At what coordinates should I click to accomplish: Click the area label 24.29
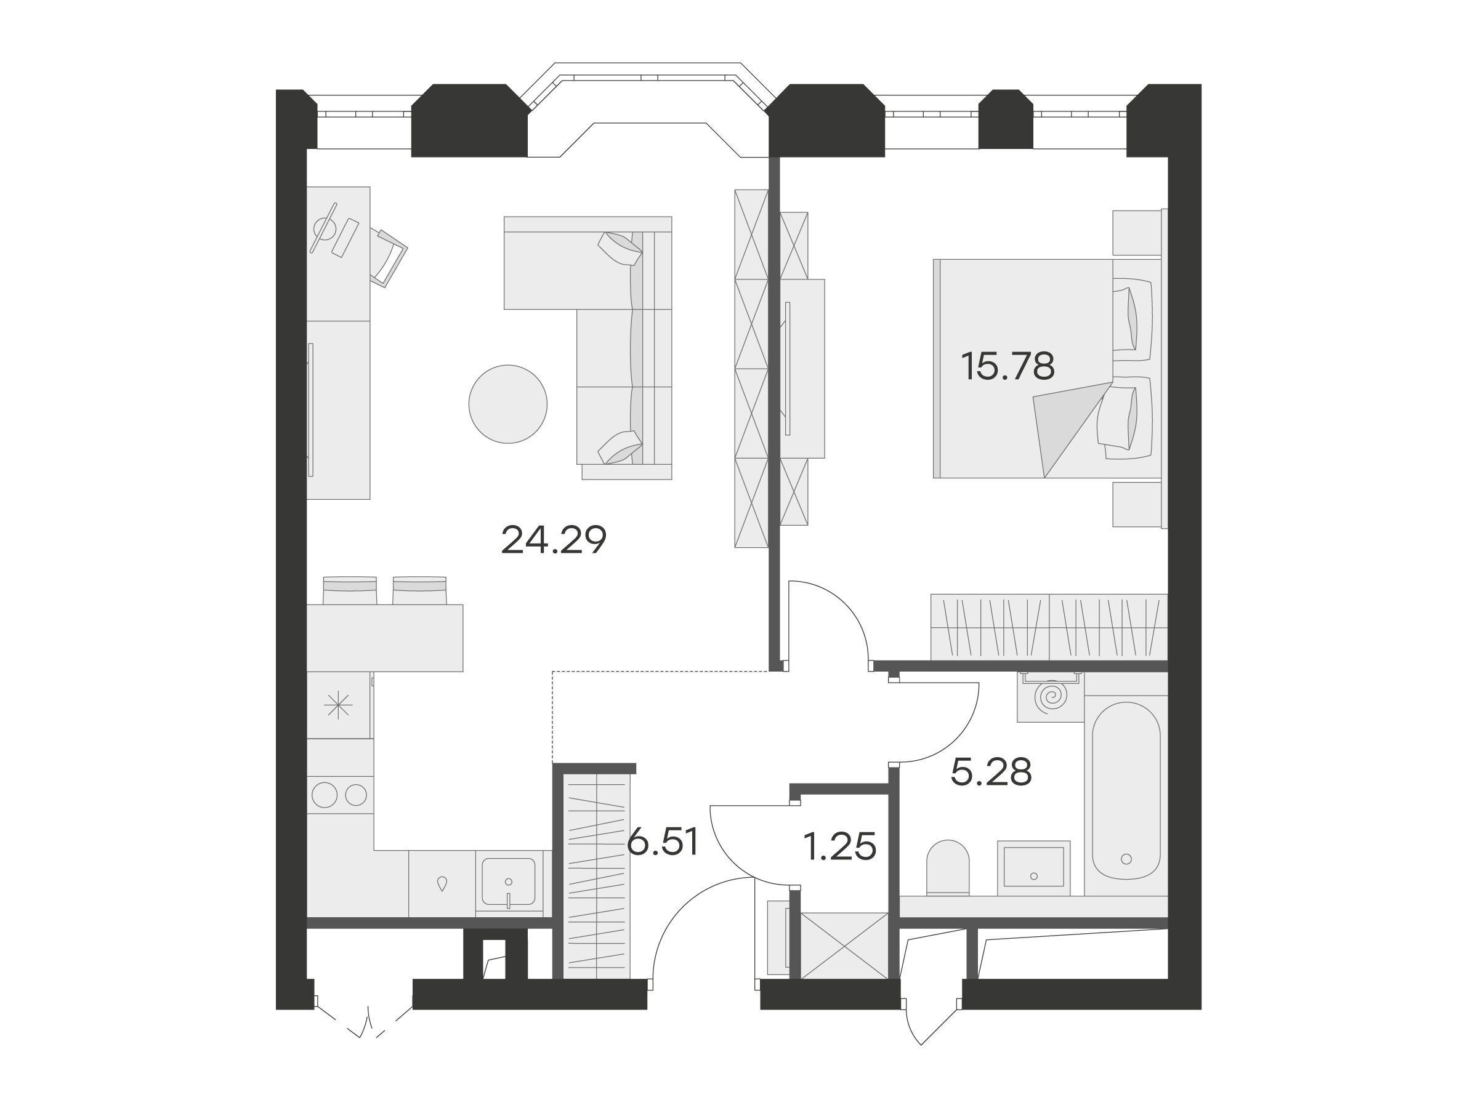(x=553, y=540)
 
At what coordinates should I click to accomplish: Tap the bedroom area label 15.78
(x=1008, y=366)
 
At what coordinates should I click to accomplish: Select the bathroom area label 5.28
(x=991, y=772)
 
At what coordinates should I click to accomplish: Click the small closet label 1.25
(x=839, y=848)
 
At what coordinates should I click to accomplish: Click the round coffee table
(x=508, y=404)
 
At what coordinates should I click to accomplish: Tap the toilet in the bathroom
(x=948, y=867)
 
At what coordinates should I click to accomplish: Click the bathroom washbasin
(x=1033, y=867)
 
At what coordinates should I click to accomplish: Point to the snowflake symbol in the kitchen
(x=338, y=705)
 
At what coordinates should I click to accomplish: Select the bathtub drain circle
(x=1126, y=859)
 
